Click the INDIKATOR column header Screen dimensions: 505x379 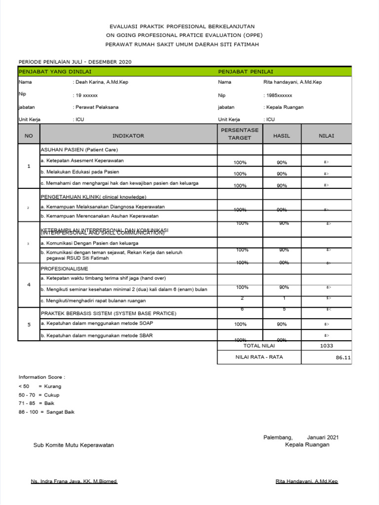[128, 136]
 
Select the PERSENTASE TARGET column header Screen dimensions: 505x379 [240, 134]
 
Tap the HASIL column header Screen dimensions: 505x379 [282, 136]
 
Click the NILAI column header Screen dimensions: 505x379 [326, 136]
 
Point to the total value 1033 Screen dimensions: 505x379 [326, 346]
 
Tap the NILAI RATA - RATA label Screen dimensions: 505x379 [260, 357]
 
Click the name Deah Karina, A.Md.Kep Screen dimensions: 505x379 [101, 82]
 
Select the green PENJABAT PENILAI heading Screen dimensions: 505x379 [246, 72]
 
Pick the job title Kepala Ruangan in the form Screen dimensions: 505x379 [285, 107]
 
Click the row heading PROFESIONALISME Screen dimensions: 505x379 [64, 269]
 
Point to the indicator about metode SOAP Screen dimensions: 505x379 [97, 323]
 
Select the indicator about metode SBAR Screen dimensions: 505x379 [97, 335]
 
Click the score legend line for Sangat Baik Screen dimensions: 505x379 [46, 412]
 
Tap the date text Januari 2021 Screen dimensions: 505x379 [323, 437]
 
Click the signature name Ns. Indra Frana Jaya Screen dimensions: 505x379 [74, 481]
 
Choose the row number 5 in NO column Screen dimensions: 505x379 [29, 325]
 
